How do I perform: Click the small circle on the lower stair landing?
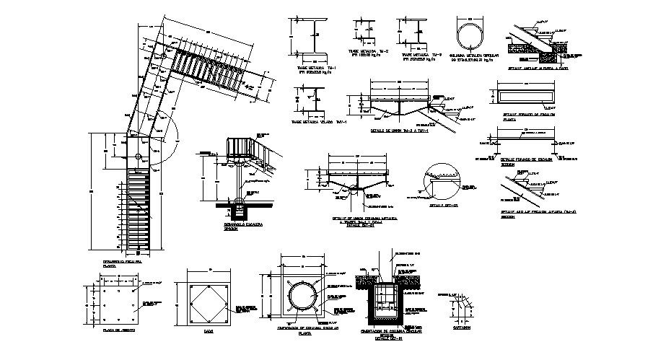point(138,157)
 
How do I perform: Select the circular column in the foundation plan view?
point(303,296)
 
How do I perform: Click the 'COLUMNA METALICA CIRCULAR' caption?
point(470,56)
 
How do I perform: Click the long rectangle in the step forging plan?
point(527,97)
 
